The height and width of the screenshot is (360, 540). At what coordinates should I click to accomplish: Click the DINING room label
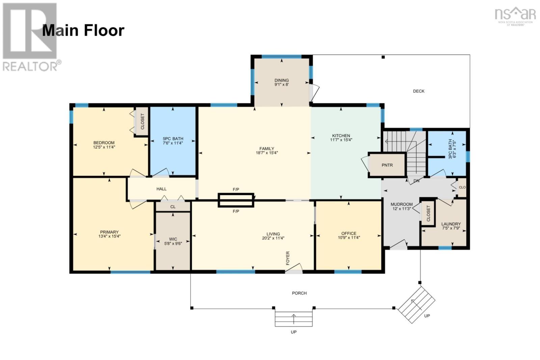coord(281,80)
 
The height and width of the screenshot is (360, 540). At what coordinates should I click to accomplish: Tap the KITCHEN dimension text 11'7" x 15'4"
coord(341,140)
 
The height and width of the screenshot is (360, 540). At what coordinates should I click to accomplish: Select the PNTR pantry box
coord(387,165)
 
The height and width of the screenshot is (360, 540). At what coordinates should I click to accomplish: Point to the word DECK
coord(419,91)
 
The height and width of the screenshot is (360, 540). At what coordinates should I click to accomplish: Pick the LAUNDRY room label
coord(451,224)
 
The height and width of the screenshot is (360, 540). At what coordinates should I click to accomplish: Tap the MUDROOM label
coord(402,204)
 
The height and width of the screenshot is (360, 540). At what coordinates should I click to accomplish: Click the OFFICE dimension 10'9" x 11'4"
coord(349,237)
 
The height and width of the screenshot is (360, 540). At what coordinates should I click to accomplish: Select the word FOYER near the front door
coord(288,258)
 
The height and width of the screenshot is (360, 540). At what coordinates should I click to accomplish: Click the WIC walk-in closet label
coord(173,239)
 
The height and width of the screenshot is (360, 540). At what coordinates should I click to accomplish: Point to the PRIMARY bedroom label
coord(109,232)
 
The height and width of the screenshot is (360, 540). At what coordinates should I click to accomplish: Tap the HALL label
coord(162,189)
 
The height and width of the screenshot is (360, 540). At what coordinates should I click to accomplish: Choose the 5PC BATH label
coord(173,139)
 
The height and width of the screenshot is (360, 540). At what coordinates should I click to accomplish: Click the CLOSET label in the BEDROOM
coord(142,121)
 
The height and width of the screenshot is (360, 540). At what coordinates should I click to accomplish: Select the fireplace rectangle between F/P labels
coord(236,200)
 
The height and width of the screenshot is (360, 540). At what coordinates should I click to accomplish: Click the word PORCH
coord(299,293)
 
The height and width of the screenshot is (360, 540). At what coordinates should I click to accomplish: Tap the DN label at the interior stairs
coord(416,181)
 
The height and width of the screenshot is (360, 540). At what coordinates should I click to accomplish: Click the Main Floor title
coord(83,31)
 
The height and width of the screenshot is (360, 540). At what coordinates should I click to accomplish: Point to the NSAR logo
coord(515,17)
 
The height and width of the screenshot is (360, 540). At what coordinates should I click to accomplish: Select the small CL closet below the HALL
coord(173,207)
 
